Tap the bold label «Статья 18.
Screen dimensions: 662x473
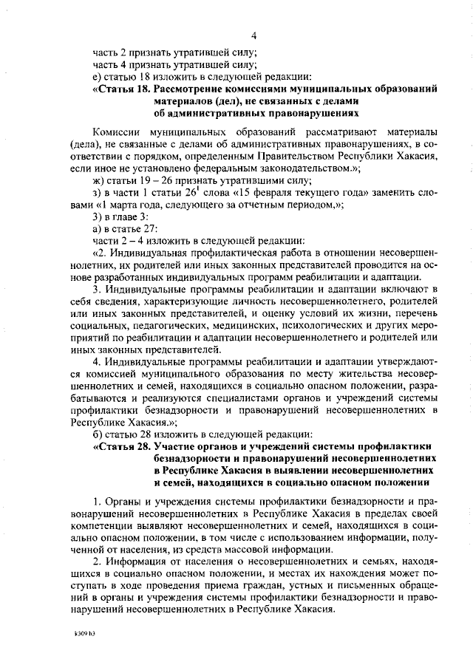pos(123,89)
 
